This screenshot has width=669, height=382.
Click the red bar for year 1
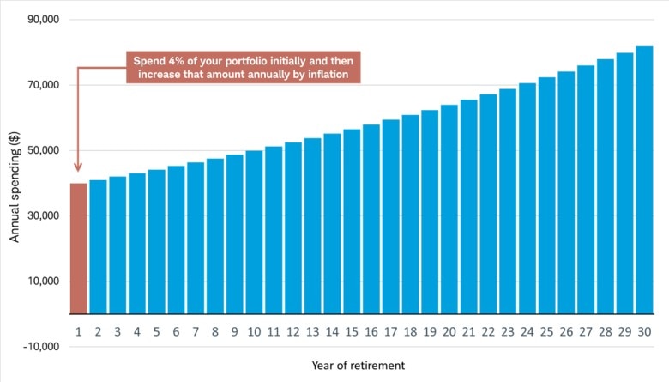(78, 249)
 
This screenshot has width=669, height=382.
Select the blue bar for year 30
(644, 180)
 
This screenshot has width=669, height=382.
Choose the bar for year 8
(214, 236)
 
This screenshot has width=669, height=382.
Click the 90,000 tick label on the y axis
(39, 20)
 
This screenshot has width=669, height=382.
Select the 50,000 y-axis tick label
(39, 150)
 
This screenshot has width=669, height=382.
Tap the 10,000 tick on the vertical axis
(39, 282)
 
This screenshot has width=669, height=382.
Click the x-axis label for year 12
(292, 330)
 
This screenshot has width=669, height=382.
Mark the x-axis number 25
(546, 330)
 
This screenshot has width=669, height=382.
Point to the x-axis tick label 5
(156, 330)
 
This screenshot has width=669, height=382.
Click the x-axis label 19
(429, 330)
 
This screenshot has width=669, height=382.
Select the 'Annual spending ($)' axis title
(15, 184)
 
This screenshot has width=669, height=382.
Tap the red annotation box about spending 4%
(243, 68)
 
